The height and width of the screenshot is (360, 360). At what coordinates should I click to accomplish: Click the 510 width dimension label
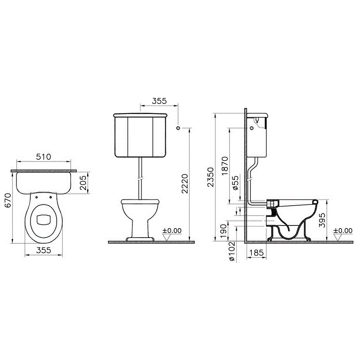coord(44,157)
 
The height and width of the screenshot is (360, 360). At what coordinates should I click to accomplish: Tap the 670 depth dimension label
coord(8,200)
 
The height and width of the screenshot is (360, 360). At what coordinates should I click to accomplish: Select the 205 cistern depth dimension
coord(84,183)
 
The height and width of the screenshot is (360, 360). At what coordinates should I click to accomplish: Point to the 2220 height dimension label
coord(184,184)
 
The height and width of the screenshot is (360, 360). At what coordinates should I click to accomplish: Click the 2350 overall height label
coord(210,177)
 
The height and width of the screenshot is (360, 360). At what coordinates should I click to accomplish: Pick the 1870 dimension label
coord(225,166)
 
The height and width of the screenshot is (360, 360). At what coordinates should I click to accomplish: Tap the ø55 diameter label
coord(236,183)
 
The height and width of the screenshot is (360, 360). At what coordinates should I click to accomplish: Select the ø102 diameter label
coord(232,251)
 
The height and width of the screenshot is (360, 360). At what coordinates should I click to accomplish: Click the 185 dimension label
coord(256,253)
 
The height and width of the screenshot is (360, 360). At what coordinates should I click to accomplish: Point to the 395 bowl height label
coord(322,220)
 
